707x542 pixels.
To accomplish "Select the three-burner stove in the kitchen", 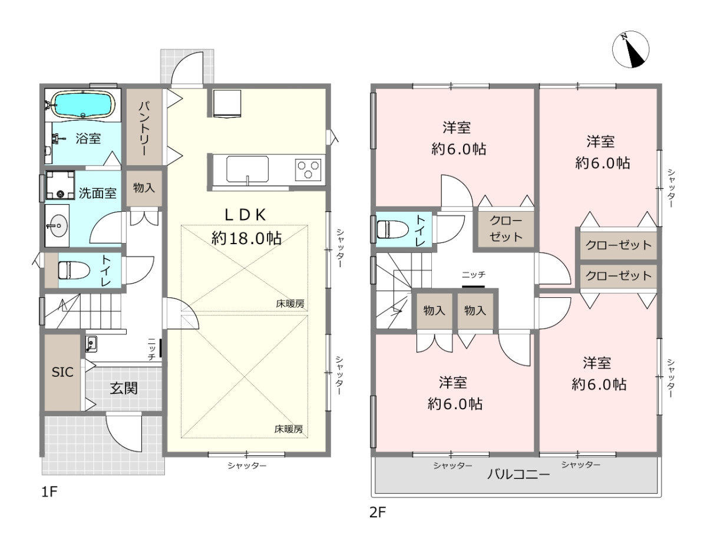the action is [308, 170].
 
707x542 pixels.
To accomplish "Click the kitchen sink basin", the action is [247, 169].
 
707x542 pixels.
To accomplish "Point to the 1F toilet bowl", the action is [74, 270].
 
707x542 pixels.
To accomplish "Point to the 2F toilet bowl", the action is [392, 229].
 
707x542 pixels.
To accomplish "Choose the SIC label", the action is [62, 372].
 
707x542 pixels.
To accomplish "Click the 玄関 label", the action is [124, 388].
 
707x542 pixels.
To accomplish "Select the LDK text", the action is [246, 215].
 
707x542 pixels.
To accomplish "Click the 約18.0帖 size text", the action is [247, 238].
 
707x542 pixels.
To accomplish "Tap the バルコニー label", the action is [518, 474].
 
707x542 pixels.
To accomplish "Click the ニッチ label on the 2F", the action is [474, 275].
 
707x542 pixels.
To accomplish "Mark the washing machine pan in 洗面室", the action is [60, 185].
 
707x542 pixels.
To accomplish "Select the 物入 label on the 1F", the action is [144, 188].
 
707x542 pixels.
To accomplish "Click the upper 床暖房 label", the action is [290, 304].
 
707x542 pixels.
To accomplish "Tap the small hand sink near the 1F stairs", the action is [91, 344].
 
